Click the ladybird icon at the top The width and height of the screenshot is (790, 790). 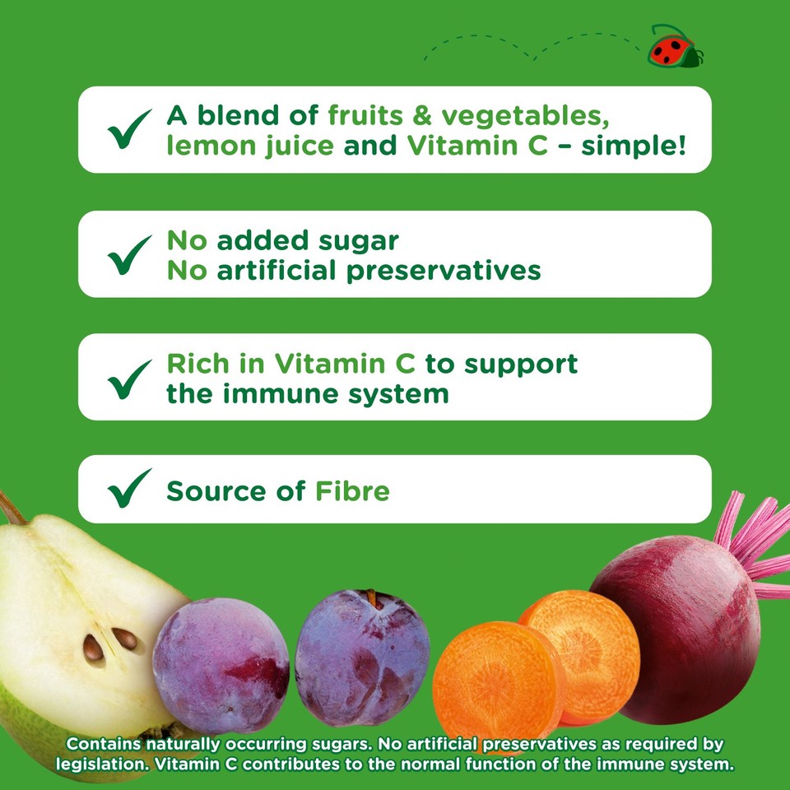click(x=675, y=47)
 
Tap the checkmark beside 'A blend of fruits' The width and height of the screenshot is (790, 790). click(x=129, y=129)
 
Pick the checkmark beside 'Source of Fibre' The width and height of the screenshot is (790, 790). click(x=129, y=490)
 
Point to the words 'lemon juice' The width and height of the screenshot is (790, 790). click(x=250, y=146)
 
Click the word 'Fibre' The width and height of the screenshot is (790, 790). click(x=352, y=491)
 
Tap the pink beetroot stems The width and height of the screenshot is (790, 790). click(x=753, y=543)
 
